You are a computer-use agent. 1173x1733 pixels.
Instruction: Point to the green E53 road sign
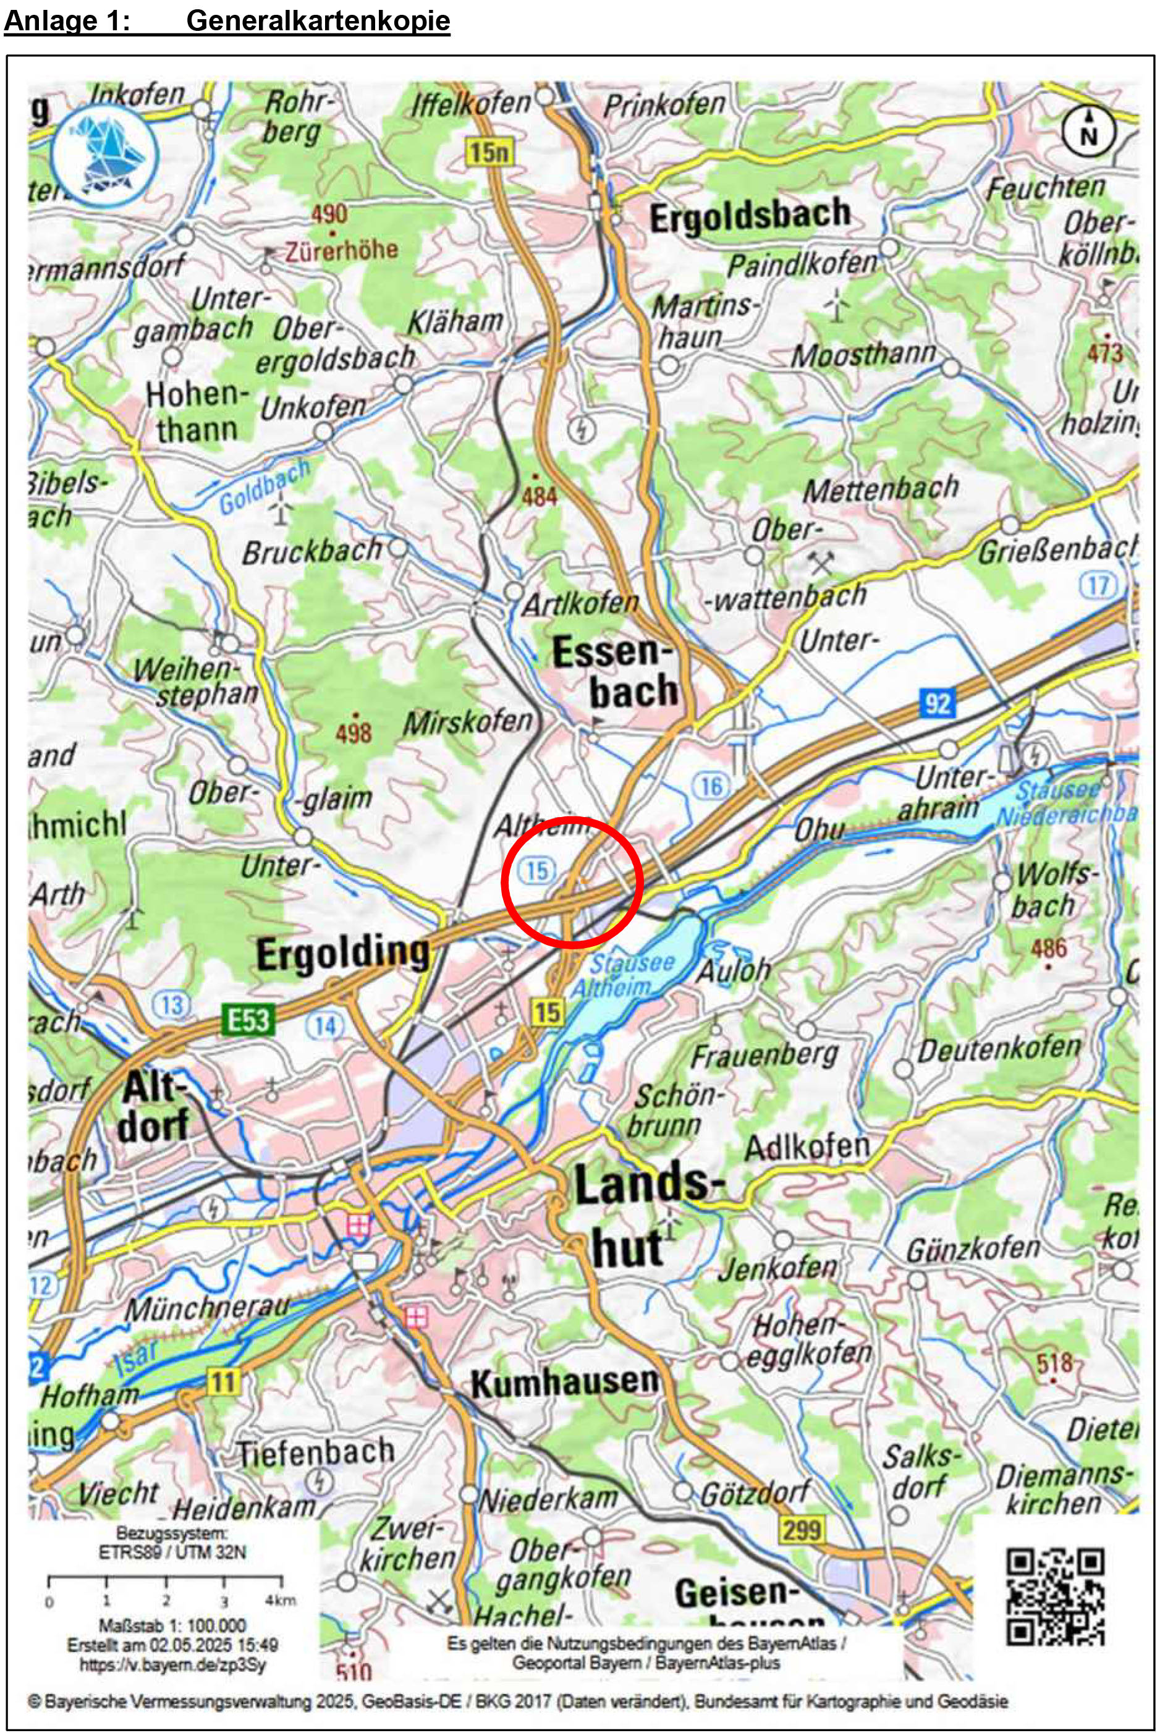(x=248, y=1019)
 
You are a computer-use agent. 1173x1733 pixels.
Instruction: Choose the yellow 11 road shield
(x=222, y=1382)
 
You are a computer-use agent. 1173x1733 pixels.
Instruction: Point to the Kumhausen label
(x=564, y=1383)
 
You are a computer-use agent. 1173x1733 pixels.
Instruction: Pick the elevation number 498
(x=354, y=733)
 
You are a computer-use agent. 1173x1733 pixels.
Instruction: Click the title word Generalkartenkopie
(x=318, y=20)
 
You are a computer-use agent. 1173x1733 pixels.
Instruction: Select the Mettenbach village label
(x=880, y=489)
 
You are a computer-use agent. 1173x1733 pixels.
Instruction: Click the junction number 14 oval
(x=325, y=1027)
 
